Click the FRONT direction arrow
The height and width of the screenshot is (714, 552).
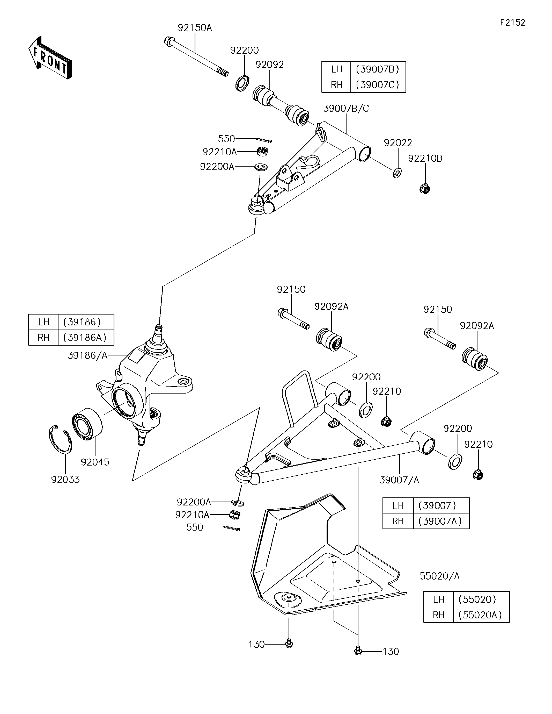click(50, 58)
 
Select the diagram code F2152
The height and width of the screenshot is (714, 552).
click(512, 23)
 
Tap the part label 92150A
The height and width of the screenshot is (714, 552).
click(195, 28)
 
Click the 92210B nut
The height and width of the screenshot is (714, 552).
click(425, 188)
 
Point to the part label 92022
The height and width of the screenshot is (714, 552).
click(398, 143)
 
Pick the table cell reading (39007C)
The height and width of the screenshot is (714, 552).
click(378, 85)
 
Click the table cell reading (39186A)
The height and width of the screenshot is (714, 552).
click(86, 337)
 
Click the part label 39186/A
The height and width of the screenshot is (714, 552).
click(87, 356)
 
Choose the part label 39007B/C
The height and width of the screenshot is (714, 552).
click(346, 109)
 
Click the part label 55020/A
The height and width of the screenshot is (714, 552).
click(440, 576)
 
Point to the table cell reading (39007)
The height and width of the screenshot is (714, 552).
click(441, 505)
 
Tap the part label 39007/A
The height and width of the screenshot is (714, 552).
click(400, 480)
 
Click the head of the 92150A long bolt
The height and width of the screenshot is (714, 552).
click(169, 41)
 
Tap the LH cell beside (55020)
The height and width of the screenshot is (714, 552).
click(439, 599)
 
